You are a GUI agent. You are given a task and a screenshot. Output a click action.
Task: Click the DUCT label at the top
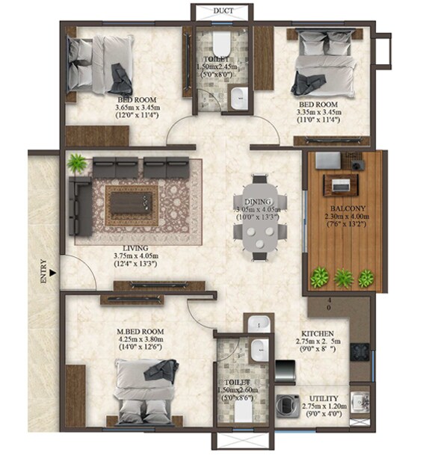pyautogui.click(x=222, y=11)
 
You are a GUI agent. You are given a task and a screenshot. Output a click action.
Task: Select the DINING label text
pyautogui.click(x=257, y=201)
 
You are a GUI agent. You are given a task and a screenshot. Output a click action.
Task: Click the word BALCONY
pyautogui.click(x=343, y=208)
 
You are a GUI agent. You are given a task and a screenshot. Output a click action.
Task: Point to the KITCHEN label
pyautogui.click(x=318, y=333)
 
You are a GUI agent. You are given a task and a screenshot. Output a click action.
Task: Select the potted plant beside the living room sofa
pyautogui.click(x=75, y=163)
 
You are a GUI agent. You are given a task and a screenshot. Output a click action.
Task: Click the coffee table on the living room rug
pyautogui.click(x=132, y=200)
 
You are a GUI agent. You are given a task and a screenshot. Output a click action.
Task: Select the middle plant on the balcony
pyautogui.click(x=343, y=279)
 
